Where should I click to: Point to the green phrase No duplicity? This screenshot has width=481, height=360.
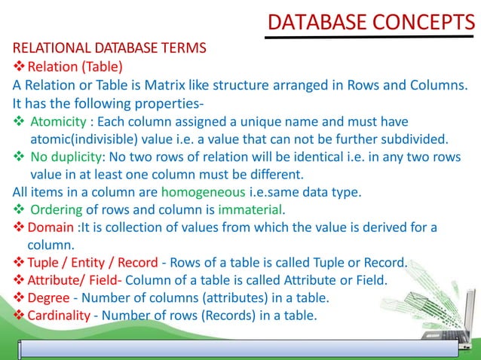pos(66,157)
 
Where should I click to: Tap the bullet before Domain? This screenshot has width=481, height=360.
pos(19,227)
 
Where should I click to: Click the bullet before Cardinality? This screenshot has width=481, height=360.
pos(19,314)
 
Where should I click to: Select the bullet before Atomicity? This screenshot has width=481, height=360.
pos(18,121)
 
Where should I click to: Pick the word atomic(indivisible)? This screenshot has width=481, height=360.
pos(85,139)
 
